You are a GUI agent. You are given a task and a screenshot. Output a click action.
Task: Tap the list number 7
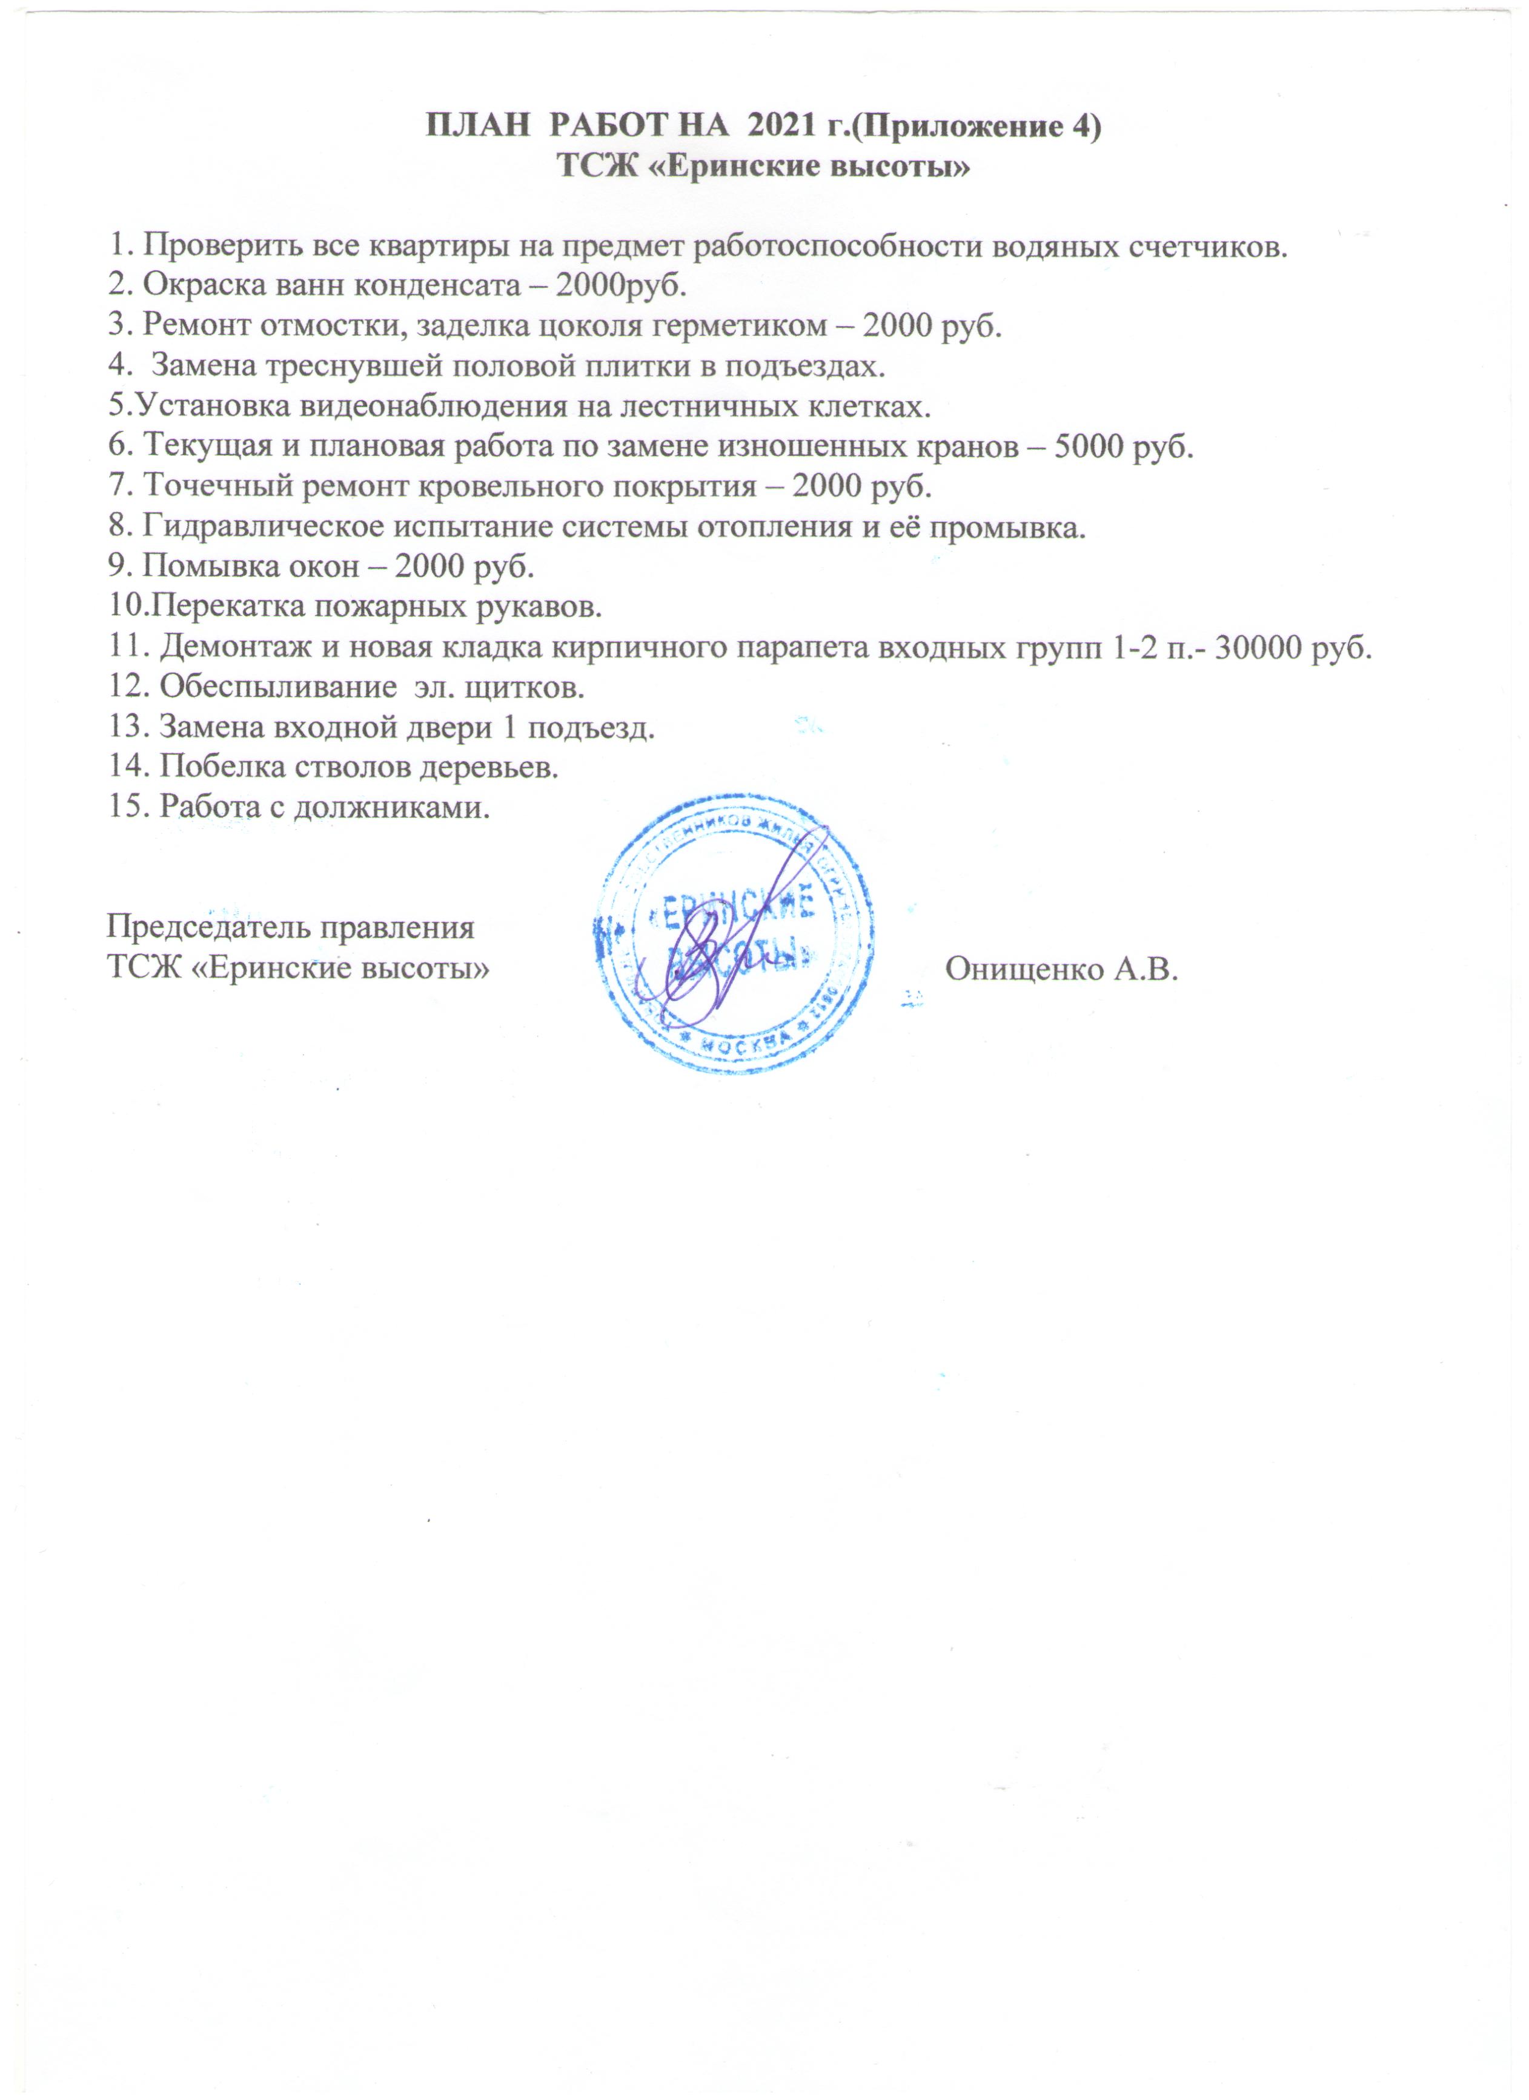118,485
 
